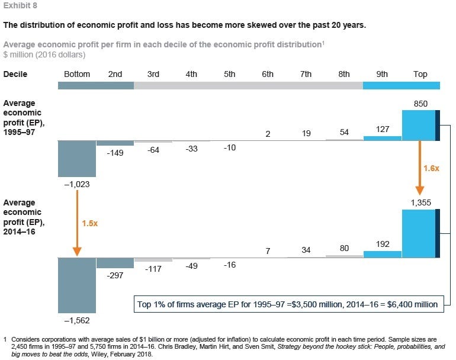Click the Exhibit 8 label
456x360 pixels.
(x=20, y=5)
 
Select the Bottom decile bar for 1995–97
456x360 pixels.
(x=77, y=159)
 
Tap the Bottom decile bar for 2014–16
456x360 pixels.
(x=77, y=285)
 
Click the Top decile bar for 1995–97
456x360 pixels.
(x=421, y=126)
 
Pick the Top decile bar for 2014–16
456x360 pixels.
(x=421, y=233)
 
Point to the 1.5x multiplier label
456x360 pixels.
(x=89, y=223)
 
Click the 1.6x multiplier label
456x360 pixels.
(x=431, y=168)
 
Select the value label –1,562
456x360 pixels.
(x=77, y=320)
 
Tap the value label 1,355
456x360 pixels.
(x=421, y=202)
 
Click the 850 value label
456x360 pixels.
(x=420, y=104)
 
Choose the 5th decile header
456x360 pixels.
(x=229, y=74)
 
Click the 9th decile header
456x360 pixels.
(x=382, y=74)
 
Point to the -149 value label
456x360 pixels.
(x=115, y=153)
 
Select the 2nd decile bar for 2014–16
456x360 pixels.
(x=115, y=263)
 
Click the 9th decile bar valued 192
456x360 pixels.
(x=383, y=255)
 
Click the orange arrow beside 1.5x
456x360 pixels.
(x=77, y=223)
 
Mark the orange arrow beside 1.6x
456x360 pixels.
(x=420, y=168)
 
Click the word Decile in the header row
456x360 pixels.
(x=15, y=74)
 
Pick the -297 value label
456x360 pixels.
(x=115, y=275)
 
